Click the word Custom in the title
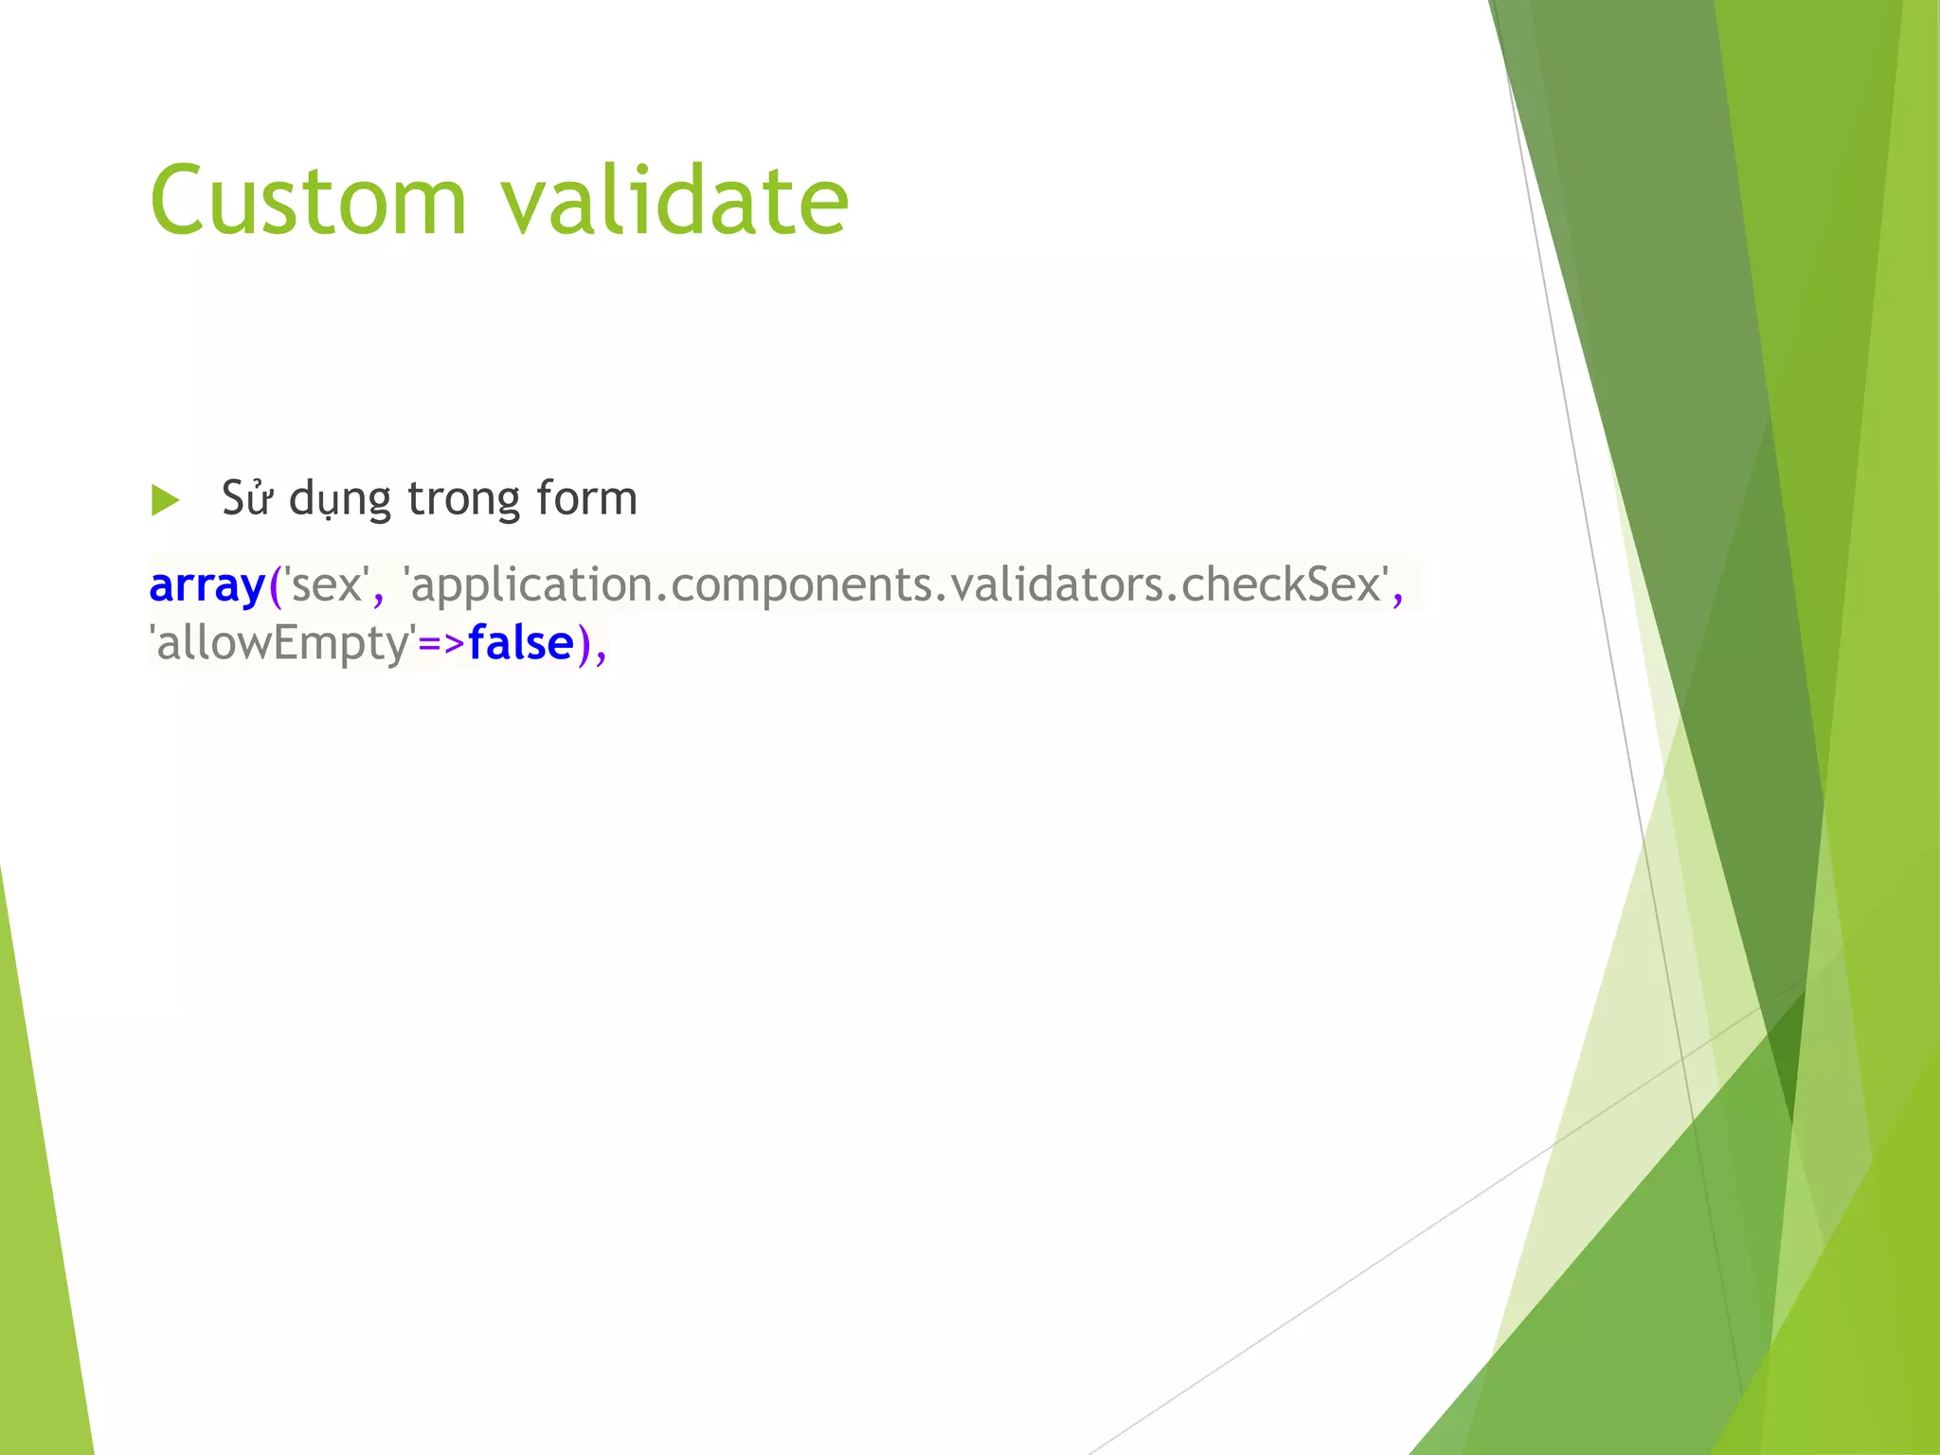tap(309, 201)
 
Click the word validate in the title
tap(674, 201)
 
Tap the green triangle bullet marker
tap(165, 500)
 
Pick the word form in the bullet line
tap(586, 498)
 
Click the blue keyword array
tap(207, 586)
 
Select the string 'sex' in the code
tap(327, 584)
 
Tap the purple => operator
tap(441, 644)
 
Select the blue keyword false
tap(521, 644)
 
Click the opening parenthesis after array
tap(276, 586)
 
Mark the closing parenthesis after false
tap(584, 645)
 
